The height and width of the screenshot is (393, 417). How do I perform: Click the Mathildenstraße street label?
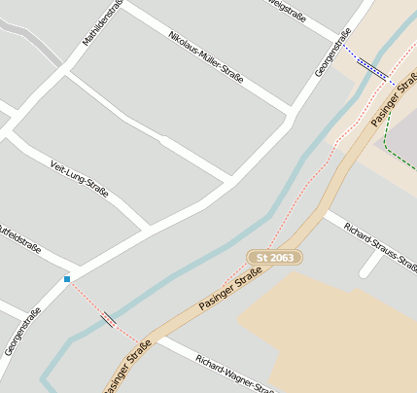(101, 21)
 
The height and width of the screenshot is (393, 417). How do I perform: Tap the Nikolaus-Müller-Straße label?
(205, 55)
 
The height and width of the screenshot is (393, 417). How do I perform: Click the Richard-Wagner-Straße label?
(234, 375)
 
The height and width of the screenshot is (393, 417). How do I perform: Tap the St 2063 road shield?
(275, 257)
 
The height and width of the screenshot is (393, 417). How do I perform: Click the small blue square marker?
(67, 279)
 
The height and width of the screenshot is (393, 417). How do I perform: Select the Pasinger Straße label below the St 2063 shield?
(231, 291)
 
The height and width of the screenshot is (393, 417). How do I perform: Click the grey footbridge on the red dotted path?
(109, 318)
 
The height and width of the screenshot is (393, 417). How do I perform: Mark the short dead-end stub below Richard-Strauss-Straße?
(370, 265)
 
